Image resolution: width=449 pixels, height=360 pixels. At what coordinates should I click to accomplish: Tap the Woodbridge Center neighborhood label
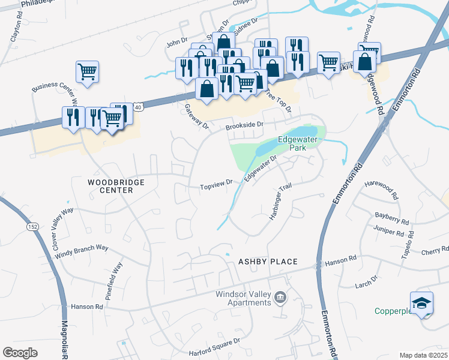click(x=109, y=185)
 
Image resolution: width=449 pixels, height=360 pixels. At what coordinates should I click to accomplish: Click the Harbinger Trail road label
click(x=280, y=202)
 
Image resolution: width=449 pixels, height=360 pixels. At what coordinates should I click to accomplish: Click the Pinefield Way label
click(x=113, y=275)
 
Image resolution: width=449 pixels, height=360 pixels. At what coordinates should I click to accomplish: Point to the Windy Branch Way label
click(x=82, y=251)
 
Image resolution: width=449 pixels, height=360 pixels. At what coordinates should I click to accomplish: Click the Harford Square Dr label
click(x=214, y=340)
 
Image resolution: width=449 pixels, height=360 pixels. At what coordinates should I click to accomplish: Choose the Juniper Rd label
click(x=388, y=230)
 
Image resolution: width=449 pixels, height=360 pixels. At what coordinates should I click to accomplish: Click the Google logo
click(x=20, y=352)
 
